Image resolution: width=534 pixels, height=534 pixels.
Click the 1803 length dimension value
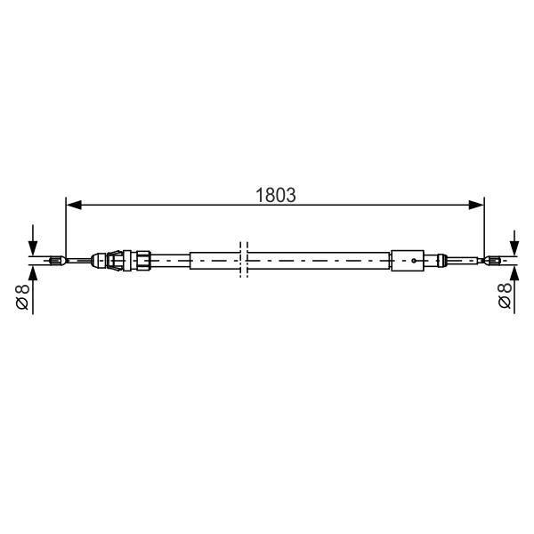[276, 195]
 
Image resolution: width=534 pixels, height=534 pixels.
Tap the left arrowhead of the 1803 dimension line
[74, 205]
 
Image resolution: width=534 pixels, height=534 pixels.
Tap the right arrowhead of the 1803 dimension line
[476, 205]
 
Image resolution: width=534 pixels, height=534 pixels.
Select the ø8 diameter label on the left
[22, 297]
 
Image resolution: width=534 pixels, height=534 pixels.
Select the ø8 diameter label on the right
[505, 295]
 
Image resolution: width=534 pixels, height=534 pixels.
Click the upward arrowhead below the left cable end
[33, 273]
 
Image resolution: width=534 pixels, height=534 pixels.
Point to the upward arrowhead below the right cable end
[514, 273]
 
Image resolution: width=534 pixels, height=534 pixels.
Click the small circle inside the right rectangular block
[414, 261]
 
